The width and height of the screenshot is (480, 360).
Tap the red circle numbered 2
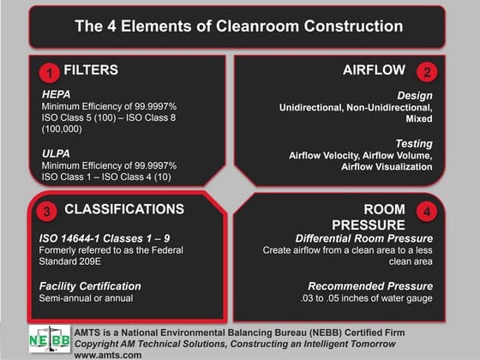pos(428,72)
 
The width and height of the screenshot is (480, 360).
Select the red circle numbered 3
pos(49,210)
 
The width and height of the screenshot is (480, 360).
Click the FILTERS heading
pos(91,70)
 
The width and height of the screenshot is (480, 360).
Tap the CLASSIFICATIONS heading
pos(124,209)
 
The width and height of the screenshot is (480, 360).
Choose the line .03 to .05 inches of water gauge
pos(359,297)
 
